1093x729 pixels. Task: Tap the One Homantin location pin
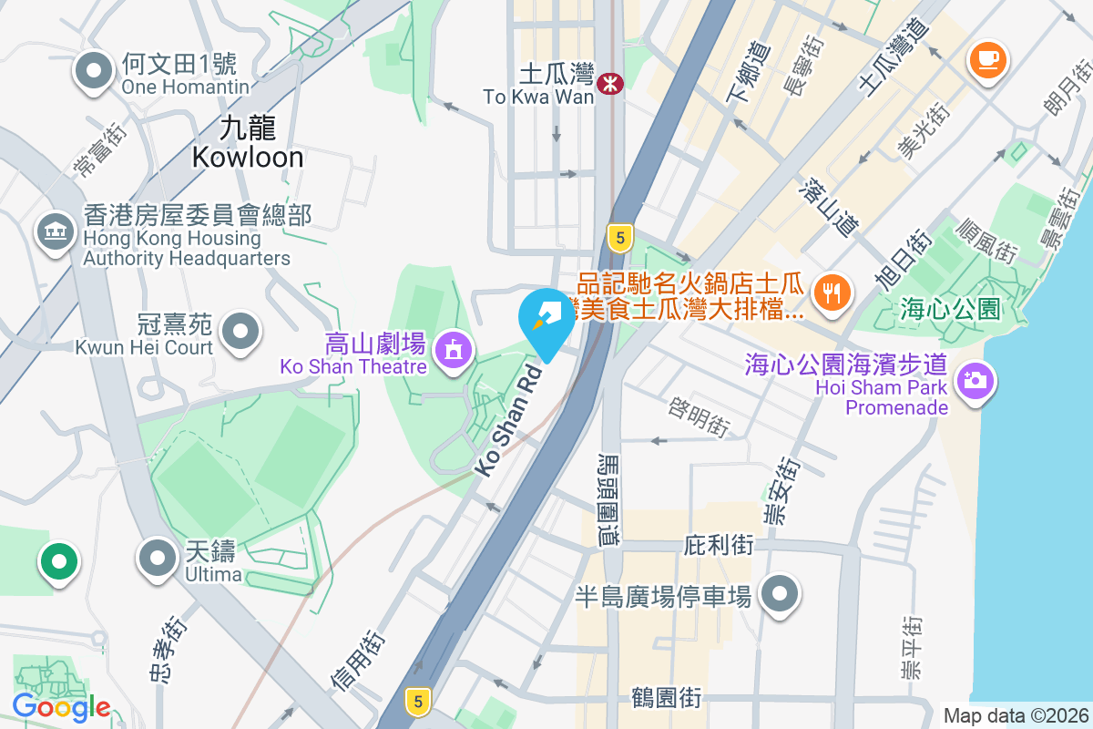click(92, 72)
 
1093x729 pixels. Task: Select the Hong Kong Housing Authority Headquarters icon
click(56, 232)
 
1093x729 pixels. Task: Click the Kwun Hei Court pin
click(240, 331)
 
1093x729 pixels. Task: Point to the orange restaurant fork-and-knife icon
click(830, 293)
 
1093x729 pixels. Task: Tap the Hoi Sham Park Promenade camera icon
click(975, 379)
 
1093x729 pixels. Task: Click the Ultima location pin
click(158, 557)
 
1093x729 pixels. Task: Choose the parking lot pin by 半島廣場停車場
click(779, 595)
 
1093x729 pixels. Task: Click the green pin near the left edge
click(59, 560)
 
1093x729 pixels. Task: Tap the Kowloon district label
click(248, 142)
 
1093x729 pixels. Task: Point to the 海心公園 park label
click(949, 308)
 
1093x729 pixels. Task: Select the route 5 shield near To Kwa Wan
click(620, 239)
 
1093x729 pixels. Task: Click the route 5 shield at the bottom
click(418, 701)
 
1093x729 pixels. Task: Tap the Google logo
click(61, 707)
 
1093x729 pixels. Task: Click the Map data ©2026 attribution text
click(1016, 716)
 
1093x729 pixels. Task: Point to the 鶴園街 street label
click(666, 699)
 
